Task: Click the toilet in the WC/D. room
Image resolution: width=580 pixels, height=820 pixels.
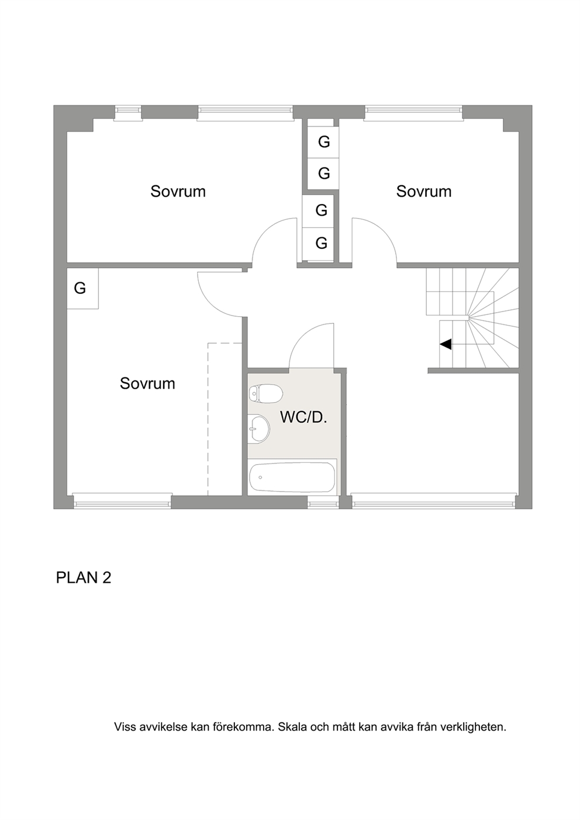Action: (x=265, y=394)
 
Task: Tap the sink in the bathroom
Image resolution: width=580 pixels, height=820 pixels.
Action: (x=258, y=428)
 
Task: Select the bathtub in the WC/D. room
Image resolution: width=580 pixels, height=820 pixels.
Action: (x=292, y=478)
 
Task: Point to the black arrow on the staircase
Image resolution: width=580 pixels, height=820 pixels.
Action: (x=446, y=344)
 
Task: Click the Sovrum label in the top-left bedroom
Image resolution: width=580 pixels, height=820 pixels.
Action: (x=178, y=192)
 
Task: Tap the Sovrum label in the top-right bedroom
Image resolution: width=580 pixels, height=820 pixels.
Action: (x=424, y=192)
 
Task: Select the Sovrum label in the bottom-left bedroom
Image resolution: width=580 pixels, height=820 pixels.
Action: (x=147, y=383)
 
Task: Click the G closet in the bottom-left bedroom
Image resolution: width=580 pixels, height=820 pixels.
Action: (x=82, y=289)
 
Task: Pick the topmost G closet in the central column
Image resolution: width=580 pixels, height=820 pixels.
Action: (x=323, y=141)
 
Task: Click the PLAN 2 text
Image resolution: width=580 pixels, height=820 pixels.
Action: (x=84, y=577)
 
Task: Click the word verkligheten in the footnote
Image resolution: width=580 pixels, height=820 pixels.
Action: (x=474, y=726)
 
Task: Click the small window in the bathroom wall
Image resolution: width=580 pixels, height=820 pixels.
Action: (x=323, y=502)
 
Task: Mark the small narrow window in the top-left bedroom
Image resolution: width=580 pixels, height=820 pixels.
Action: (x=127, y=113)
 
